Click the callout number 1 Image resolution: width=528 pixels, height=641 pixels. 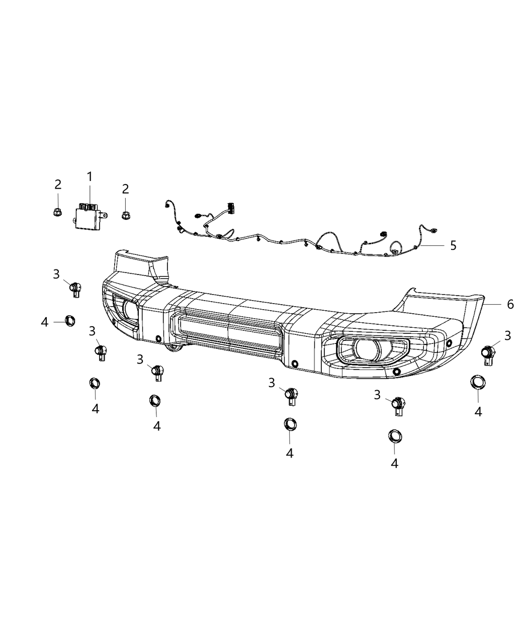pos(90,176)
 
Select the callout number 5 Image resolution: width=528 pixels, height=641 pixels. pos(453,245)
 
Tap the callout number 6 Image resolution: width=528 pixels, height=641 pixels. pos(510,304)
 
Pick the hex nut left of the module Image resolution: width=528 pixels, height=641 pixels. pos(57,212)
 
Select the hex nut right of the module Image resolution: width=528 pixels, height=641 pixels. pos(125,216)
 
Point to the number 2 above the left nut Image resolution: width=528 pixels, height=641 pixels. pos(58,184)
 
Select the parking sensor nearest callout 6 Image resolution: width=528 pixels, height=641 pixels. pos(488,354)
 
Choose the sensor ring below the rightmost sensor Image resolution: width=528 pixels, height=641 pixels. pos(477,382)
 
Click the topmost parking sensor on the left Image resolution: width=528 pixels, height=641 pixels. pos(76,289)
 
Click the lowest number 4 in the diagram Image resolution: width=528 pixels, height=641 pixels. pos(394,463)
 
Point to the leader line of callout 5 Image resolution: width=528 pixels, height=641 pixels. pos(433,245)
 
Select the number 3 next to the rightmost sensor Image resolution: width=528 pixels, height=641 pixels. pos(507,335)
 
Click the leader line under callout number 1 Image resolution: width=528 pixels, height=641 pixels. pos(90,195)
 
